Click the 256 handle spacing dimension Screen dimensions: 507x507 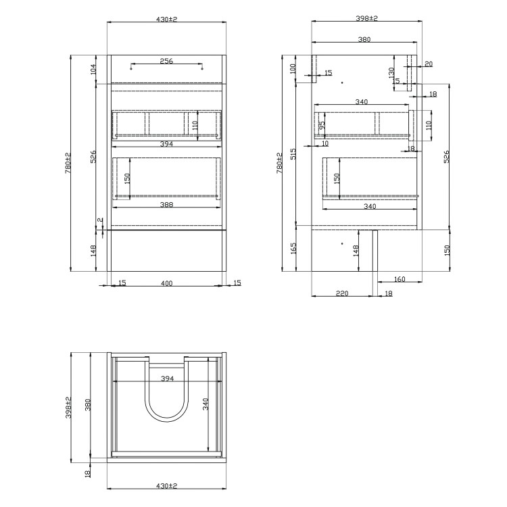(x=166, y=61)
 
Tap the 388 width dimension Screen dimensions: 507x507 (x=166, y=205)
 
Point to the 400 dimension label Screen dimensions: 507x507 (x=166, y=283)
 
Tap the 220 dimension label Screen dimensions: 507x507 (x=341, y=293)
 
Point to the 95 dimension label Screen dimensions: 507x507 (x=322, y=124)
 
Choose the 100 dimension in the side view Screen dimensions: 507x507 (x=292, y=68)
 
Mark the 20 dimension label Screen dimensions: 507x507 (x=429, y=64)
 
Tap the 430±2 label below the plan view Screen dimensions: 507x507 (x=166, y=485)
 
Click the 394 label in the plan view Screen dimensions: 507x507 (x=166, y=380)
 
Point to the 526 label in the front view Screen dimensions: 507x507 (x=93, y=156)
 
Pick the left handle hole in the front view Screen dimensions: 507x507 (x=131, y=67)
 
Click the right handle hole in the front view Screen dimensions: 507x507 (x=202, y=67)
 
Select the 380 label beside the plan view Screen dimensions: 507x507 (x=87, y=405)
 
